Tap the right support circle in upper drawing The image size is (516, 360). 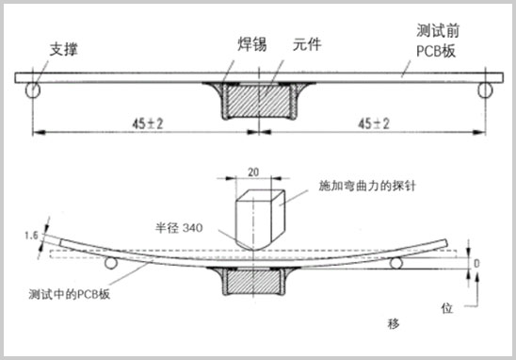487,91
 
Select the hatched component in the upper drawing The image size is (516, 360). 258,100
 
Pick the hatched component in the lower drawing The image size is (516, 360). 257,278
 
